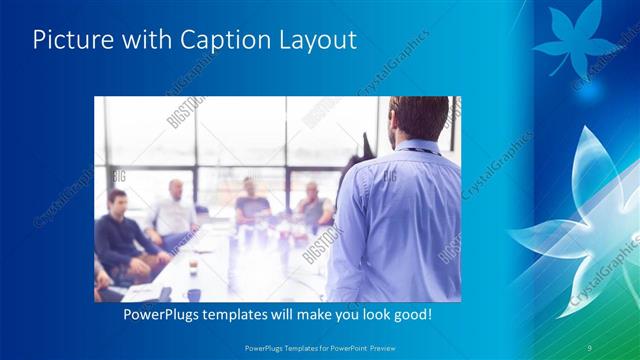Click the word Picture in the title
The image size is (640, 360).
(x=69, y=41)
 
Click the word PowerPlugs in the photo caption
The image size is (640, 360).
(x=161, y=315)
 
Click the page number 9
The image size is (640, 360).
(x=590, y=347)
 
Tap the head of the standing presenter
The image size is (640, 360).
(x=417, y=118)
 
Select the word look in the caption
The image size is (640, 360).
(x=365, y=315)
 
